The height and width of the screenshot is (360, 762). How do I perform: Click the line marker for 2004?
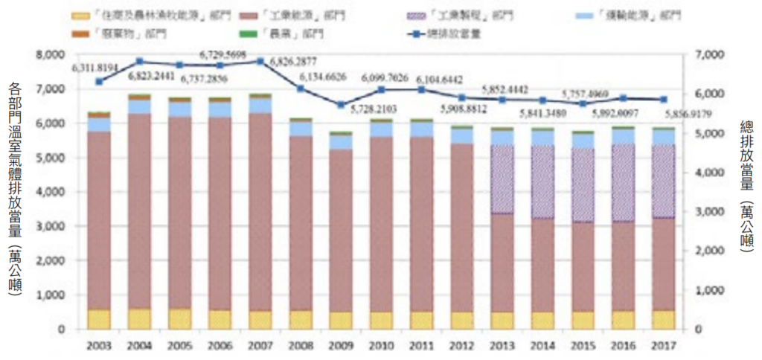[x=140, y=62]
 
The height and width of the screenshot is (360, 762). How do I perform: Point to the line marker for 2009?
[x=341, y=105]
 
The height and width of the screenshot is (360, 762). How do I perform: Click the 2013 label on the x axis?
[x=502, y=346]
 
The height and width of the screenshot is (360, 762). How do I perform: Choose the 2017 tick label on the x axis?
[x=662, y=346]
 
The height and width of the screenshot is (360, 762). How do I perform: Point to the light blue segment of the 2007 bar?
[x=260, y=105]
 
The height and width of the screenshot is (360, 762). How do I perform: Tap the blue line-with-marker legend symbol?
[x=420, y=33]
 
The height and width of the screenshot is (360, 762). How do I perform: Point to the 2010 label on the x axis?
[x=381, y=346]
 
